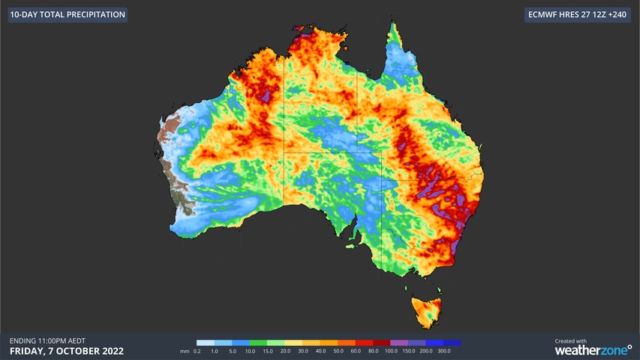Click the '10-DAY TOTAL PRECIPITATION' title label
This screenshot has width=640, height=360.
(x=68, y=14)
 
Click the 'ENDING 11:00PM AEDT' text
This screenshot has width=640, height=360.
(x=47, y=340)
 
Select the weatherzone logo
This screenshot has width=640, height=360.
(x=593, y=350)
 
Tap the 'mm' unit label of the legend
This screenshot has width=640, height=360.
(x=185, y=351)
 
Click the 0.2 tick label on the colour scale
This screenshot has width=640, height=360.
(x=197, y=351)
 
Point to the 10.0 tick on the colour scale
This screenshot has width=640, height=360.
(x=250, y=351)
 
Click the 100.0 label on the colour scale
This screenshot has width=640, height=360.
(x=391, y=351)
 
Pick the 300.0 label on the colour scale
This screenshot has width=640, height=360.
(x=444, y=351)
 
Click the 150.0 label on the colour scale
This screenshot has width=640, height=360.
(x=409, y=351)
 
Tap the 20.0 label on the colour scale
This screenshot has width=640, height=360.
(x=285, y=351)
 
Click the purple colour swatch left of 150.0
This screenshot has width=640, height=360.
(x=399, y=343)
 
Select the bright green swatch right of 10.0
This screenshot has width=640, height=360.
(x=258, y=343)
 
